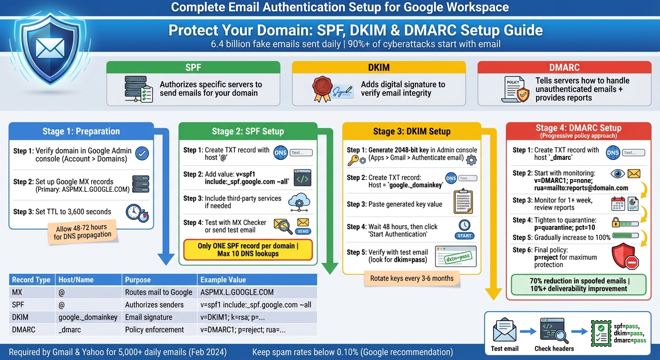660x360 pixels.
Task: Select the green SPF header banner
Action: (193, 67)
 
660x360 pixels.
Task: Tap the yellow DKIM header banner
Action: (379, 67)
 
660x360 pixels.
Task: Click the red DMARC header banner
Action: (564, 67)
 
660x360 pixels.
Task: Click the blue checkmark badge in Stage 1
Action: (142, 153)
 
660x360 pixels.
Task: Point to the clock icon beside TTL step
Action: (137, 212)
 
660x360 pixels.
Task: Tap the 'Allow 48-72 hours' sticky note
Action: (82, 232)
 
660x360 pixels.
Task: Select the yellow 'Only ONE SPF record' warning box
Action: (248, 250)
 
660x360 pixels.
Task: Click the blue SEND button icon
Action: (303, 231)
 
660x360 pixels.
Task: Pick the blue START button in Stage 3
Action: (465, 235)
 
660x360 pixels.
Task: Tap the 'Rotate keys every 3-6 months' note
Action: (412, 278)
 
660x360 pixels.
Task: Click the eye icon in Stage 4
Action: (618, 174)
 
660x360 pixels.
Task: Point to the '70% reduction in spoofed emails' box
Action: (578, 285)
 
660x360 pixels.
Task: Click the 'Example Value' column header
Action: (223, 280)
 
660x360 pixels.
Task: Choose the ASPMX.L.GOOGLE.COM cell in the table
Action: (237, 292)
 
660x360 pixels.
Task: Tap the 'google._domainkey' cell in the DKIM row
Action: (88, 317)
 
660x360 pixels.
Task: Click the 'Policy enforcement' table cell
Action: (154, 330)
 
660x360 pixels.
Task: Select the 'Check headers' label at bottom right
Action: (554, 349)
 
